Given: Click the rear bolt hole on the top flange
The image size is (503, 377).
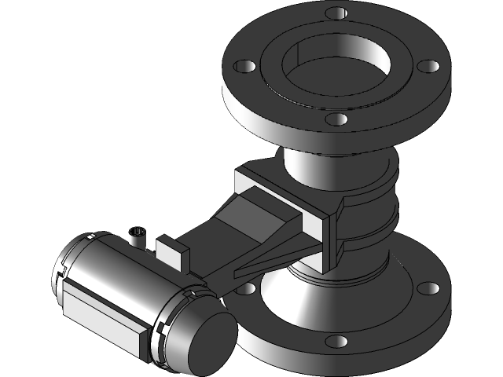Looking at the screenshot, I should [336, 13].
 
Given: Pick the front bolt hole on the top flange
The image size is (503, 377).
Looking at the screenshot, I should [336, 119].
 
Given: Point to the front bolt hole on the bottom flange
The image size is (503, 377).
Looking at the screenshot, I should [336, 342].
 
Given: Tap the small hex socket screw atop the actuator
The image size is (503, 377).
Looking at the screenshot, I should [138, 233].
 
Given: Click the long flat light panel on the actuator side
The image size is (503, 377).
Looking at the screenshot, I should [102, 313].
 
